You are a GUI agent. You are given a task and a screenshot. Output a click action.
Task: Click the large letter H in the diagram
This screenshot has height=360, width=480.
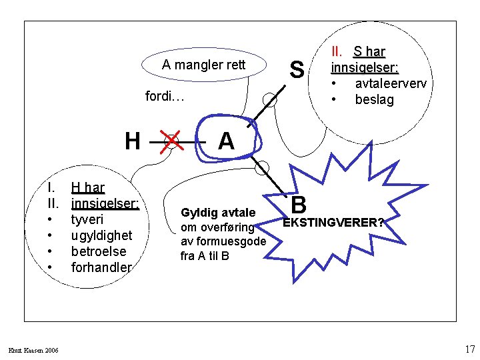pos(133,141)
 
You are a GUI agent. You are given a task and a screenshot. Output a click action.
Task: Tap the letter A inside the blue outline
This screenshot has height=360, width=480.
pos(226,141)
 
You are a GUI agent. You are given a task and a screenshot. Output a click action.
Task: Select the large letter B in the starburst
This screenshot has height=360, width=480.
pos(299,203)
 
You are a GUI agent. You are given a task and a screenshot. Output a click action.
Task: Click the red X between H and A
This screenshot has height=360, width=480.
pos(172,141)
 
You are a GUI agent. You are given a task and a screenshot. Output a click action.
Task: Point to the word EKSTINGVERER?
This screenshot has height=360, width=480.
pos(333,223)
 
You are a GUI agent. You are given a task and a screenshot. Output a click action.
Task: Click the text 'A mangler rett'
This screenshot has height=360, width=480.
pos(204,65)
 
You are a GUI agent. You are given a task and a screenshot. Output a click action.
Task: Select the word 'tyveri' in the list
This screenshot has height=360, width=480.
pos(87,219)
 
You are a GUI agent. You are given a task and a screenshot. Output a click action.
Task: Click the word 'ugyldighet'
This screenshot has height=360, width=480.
pos(102,235)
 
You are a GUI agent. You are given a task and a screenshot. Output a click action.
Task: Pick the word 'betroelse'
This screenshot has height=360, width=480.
pos(97,251)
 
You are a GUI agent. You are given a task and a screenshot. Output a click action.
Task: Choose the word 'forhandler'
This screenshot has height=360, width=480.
pos(101,267)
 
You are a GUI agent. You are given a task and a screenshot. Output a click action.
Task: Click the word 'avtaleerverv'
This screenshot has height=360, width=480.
pos(391,83)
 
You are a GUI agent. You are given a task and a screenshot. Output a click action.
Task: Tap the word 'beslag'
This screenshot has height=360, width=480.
pos(374,100)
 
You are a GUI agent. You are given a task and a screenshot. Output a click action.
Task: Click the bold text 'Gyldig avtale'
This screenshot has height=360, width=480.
pos(218,213)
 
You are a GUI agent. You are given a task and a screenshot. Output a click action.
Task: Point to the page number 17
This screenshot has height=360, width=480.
pos(469,349)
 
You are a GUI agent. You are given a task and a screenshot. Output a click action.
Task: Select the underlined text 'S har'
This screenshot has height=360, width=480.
pos(369,51)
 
